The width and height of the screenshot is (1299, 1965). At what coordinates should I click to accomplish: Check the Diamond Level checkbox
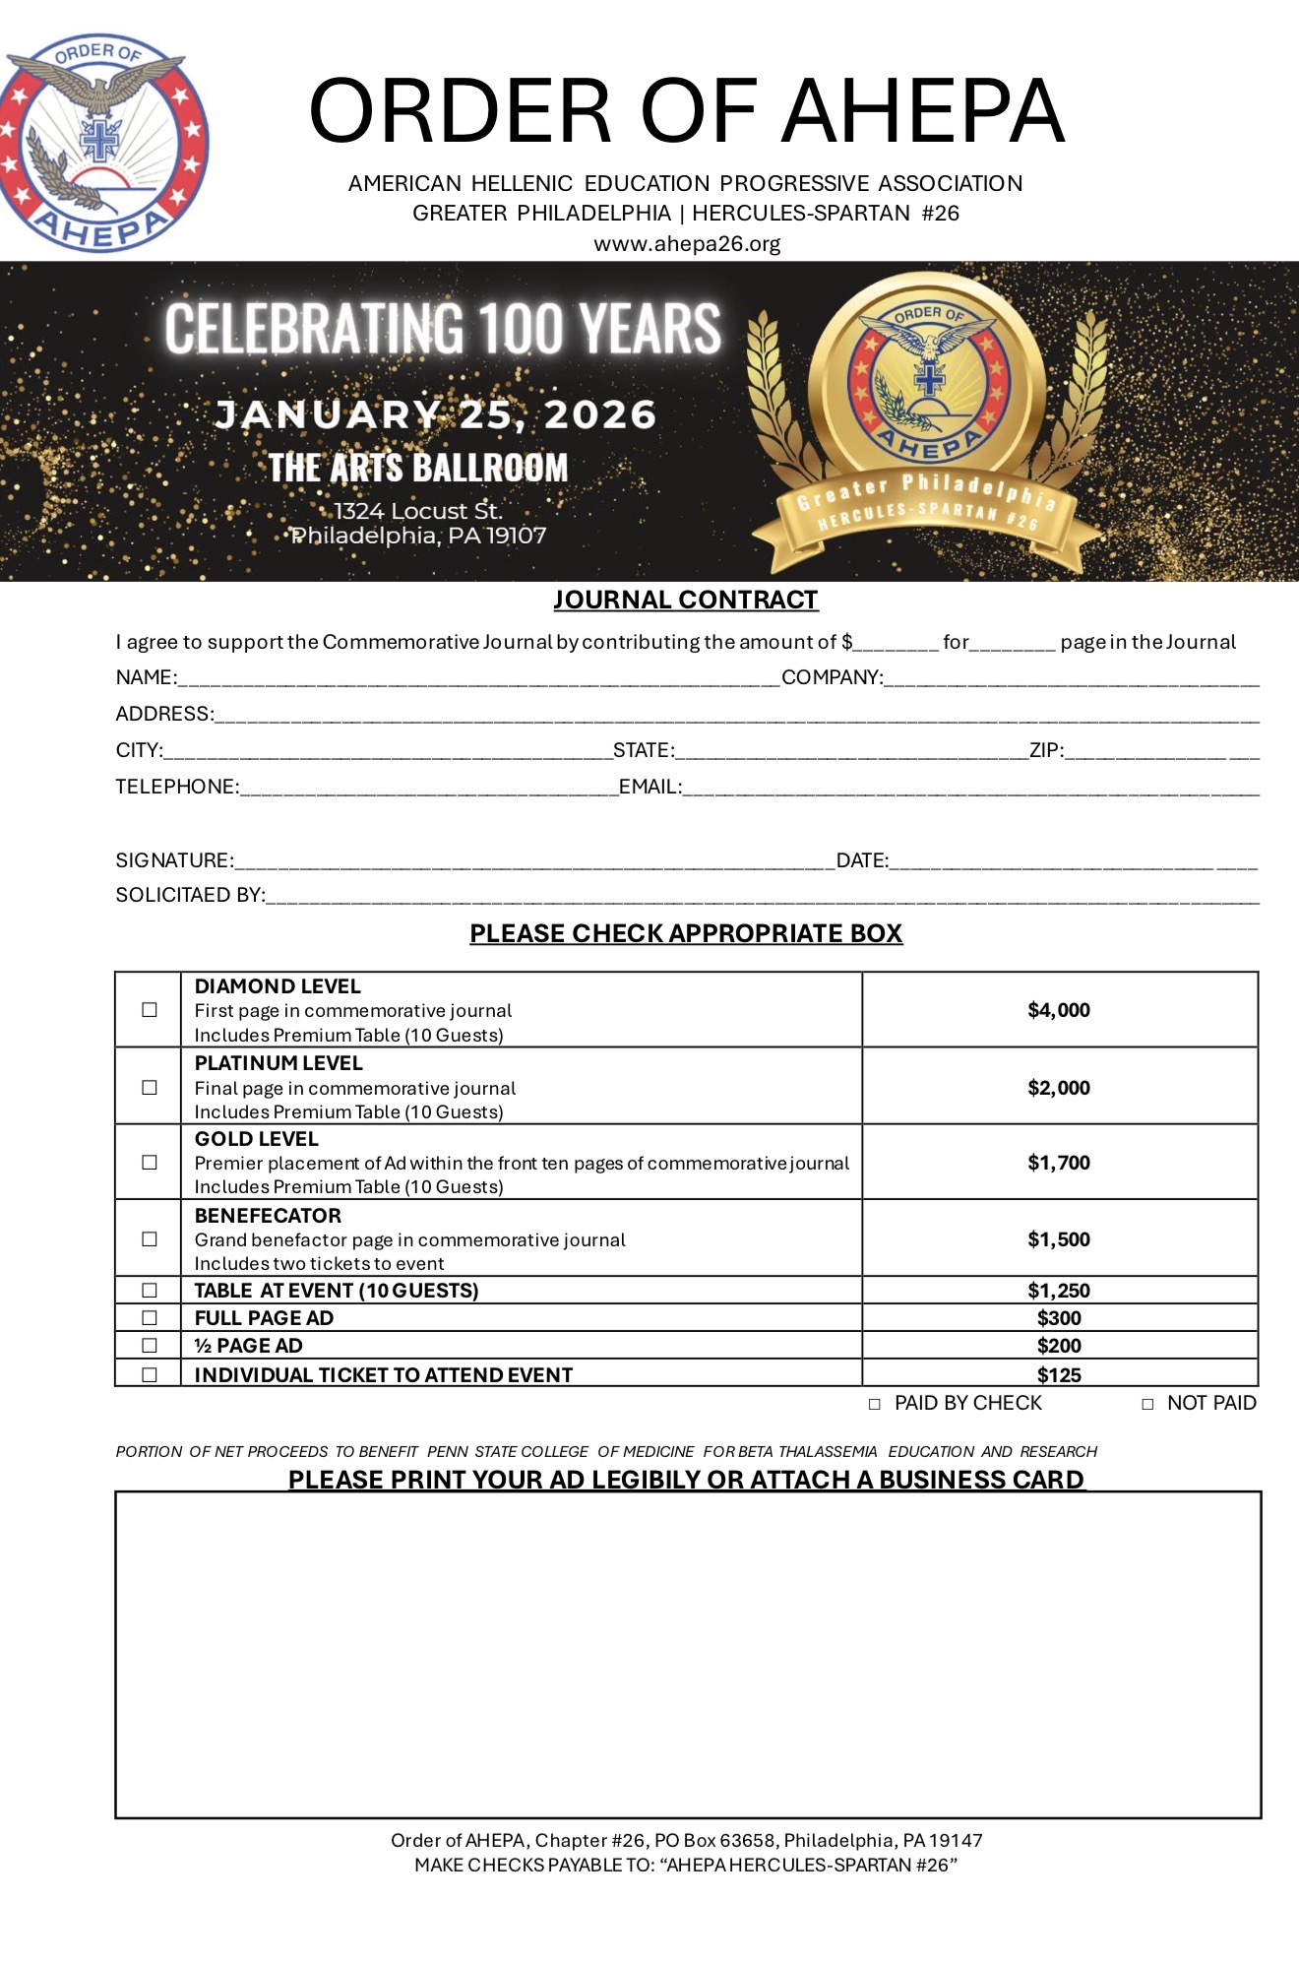pos(150,1010)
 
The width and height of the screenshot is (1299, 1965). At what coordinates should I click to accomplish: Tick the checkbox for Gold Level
pos(150,1163)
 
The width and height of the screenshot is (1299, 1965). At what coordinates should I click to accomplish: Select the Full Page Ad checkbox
pos(150,1318)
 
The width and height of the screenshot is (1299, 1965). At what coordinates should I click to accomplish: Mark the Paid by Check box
pos(875,1405)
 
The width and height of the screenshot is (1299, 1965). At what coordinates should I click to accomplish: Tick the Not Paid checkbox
pos(1147,1405)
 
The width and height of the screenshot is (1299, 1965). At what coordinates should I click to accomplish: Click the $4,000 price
pos(1059,1010)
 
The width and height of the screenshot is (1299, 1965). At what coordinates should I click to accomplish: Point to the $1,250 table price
pos(1059,1291)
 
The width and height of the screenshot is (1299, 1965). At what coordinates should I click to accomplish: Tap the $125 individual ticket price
pos(1059,1375)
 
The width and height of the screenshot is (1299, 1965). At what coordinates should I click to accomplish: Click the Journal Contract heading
pos(685,600)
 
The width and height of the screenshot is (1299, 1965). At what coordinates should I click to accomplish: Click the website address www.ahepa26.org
pos(686,243)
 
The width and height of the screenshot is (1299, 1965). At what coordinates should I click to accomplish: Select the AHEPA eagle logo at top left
pos(103,143)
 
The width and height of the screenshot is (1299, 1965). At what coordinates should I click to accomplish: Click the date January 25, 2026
pos(435,414)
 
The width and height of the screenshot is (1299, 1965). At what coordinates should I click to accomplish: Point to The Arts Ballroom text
pos(418,468)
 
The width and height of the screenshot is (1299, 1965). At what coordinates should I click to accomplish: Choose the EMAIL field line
pos(969,790)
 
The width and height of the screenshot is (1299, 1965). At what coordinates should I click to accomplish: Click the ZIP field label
pos(1046,750)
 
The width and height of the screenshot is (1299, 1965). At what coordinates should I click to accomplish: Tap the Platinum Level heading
pos(278,1063)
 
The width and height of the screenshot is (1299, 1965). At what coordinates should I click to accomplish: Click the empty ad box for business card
pos(688,1654)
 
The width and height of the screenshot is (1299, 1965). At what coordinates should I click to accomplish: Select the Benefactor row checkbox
pos(150,1239)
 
